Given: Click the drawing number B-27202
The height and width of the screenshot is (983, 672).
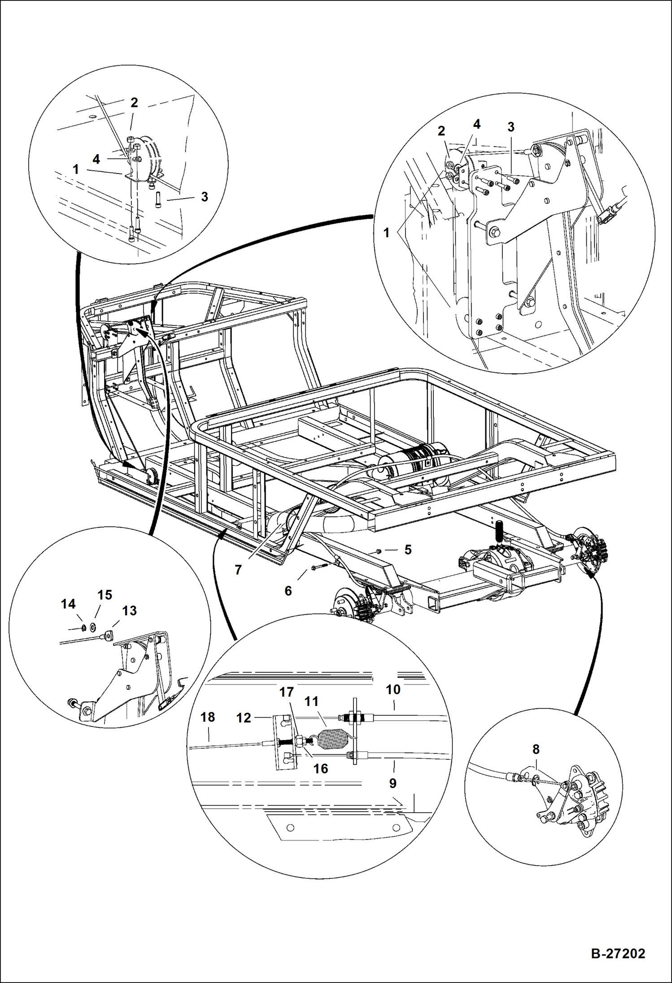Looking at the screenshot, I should [618, 953].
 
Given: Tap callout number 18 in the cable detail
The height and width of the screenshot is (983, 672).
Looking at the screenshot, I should [207, 717].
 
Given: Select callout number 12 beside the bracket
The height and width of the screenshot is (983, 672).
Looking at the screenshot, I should [244, 718].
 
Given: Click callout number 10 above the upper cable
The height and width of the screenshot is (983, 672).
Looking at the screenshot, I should [393, 690].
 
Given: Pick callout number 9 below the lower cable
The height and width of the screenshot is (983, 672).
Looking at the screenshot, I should [393, 783].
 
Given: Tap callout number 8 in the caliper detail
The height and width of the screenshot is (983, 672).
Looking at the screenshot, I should [536, 749].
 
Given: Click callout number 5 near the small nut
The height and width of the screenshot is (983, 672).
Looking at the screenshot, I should [408, 550].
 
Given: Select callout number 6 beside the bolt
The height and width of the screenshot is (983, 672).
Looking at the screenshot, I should [288, 591].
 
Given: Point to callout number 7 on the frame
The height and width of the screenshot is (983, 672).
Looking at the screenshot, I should [238, 570].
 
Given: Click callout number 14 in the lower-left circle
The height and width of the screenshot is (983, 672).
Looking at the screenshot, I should [68, 604].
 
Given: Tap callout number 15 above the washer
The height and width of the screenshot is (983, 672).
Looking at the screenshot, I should [105, 595].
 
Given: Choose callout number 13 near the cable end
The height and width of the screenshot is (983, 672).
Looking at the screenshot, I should [129, 611].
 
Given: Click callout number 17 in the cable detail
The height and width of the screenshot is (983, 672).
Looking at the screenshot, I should [286, 692].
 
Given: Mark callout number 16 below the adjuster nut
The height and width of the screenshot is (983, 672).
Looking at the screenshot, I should [320, 769].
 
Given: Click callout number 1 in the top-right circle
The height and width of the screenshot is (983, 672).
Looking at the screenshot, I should [386, 233].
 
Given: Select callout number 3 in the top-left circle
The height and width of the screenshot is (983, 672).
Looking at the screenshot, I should [205, 196].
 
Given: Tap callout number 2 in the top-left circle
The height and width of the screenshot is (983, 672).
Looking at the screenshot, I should [134, 103].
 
